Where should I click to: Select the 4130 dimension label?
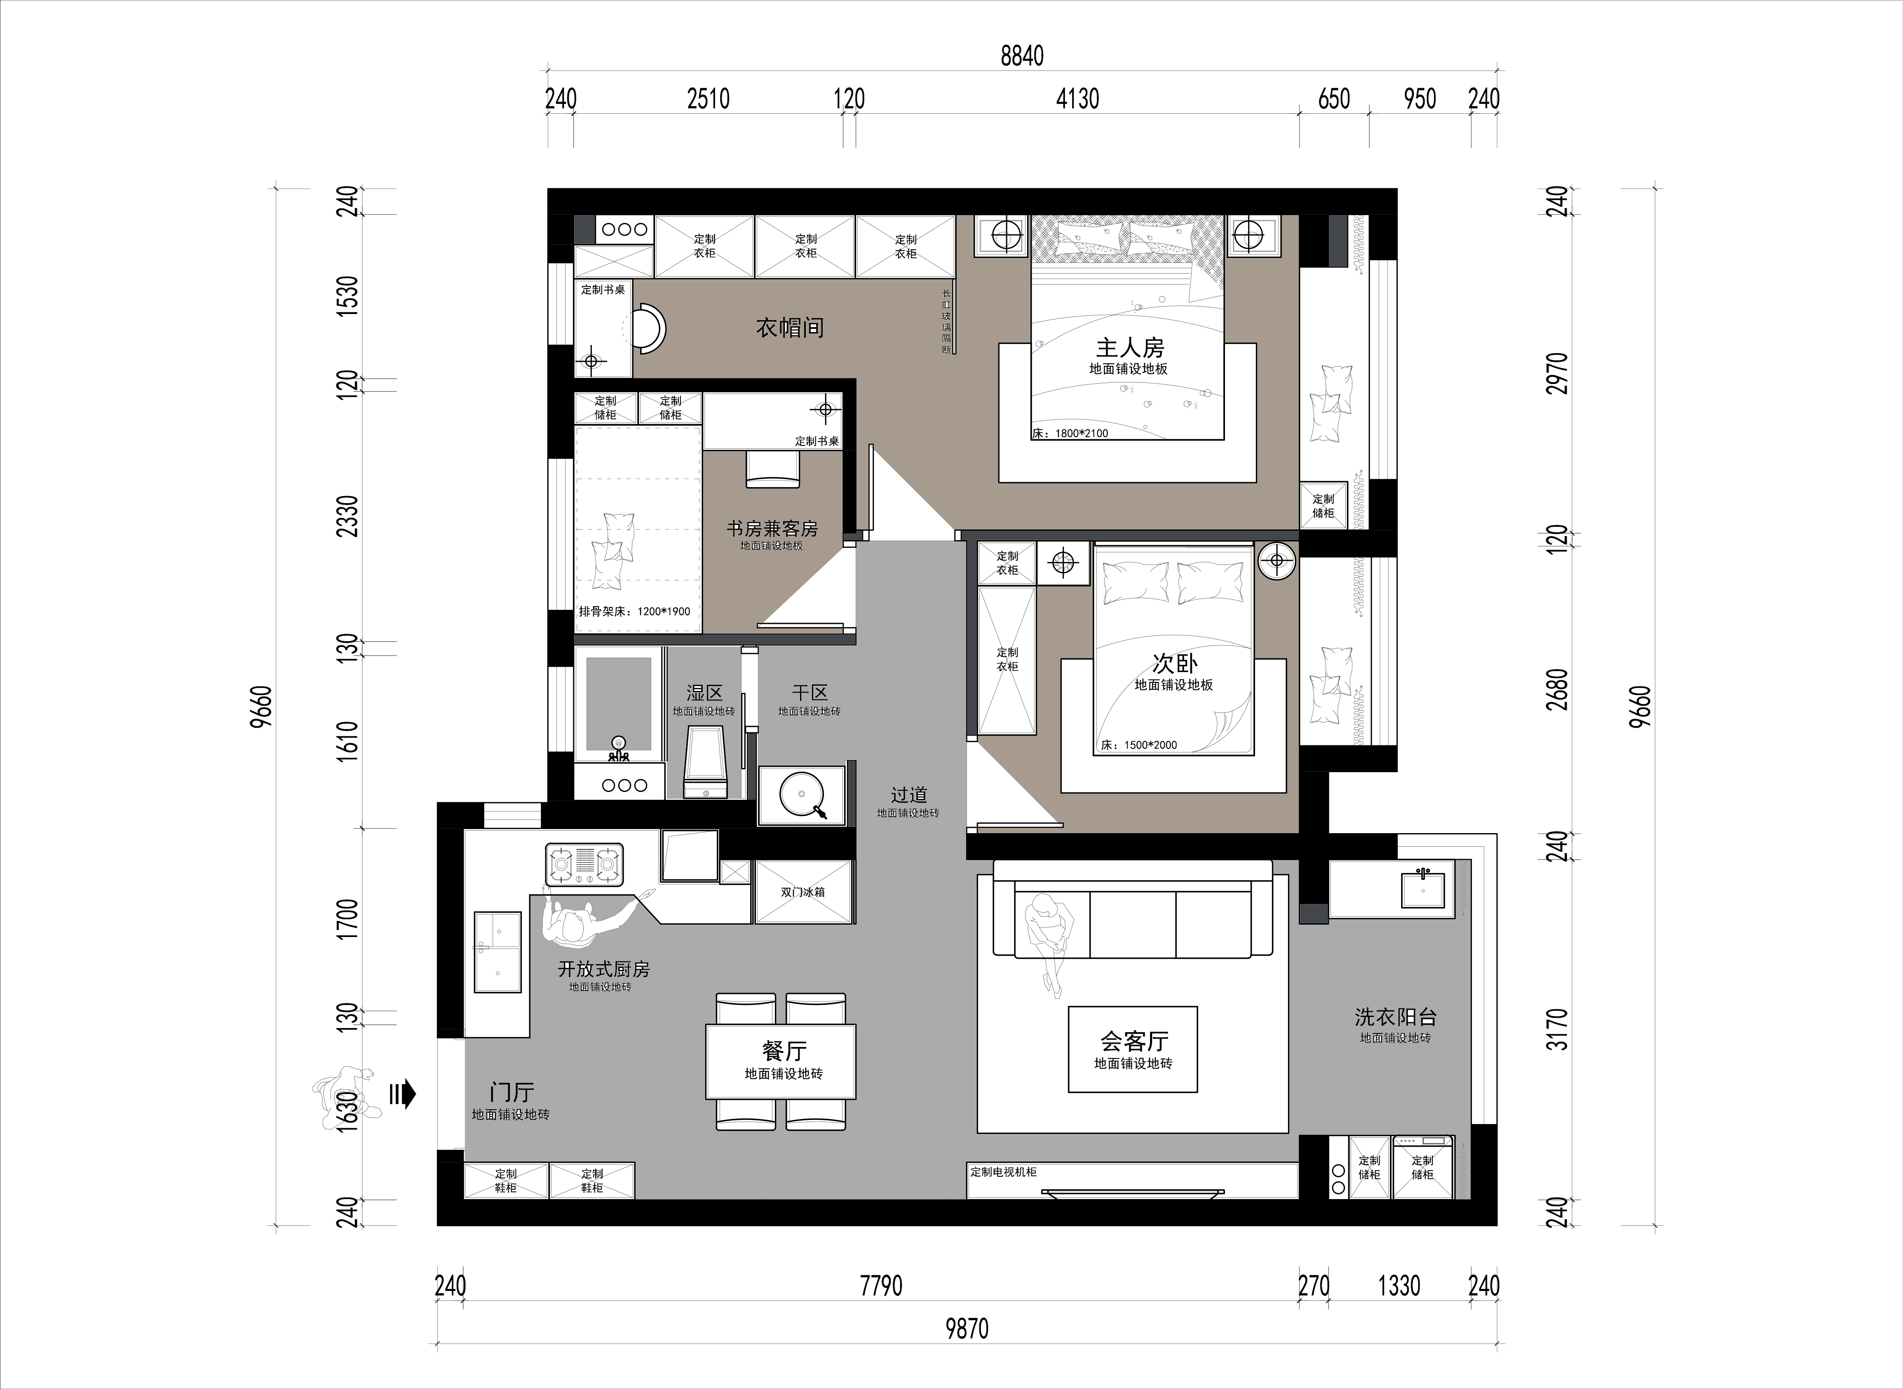1077,99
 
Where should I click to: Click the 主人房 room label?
1129,347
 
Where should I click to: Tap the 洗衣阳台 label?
1395,1017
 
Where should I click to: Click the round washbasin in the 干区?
801,794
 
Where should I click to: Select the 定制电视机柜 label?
1003,1171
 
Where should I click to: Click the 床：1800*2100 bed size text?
1070,433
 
